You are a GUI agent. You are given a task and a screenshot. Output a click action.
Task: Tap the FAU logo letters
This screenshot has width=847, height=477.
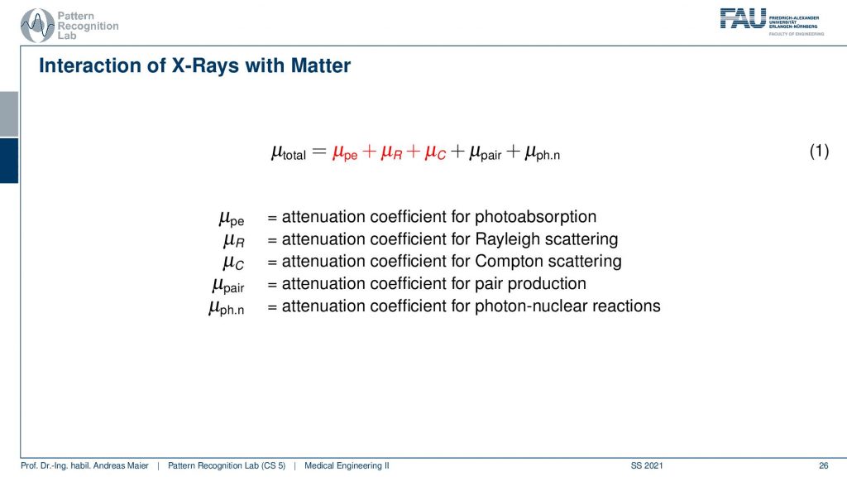(743, 18)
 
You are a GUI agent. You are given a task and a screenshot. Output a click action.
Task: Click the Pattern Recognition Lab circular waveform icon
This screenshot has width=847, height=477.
(37, 26)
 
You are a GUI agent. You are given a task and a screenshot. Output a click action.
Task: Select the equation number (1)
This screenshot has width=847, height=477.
(819, 151)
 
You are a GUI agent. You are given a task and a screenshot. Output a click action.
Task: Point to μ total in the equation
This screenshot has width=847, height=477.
(289, 153)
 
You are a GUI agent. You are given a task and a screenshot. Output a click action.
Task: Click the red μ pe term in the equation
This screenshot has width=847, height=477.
(345, 153)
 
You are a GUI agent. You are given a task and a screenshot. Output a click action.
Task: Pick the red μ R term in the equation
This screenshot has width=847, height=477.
(391, 153)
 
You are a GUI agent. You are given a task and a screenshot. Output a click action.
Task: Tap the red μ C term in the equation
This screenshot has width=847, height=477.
(435, 153)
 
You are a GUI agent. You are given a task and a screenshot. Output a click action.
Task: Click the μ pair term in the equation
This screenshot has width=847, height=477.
(485, 153)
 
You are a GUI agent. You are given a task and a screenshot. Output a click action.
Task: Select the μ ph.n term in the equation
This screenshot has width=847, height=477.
(543, 153)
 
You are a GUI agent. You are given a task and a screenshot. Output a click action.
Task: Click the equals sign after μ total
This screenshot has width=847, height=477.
(319, 152)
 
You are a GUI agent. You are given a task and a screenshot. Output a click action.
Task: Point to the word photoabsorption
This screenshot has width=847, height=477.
(535, 217)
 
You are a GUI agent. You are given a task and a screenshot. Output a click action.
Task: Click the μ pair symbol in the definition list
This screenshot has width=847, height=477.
(228, 285)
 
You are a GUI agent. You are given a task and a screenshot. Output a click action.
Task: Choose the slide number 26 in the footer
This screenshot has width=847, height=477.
(823, 465)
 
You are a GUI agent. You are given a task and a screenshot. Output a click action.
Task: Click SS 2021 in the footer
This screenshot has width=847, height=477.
(647, 465)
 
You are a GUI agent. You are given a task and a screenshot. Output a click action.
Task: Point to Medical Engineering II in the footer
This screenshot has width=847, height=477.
(347, 465)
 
